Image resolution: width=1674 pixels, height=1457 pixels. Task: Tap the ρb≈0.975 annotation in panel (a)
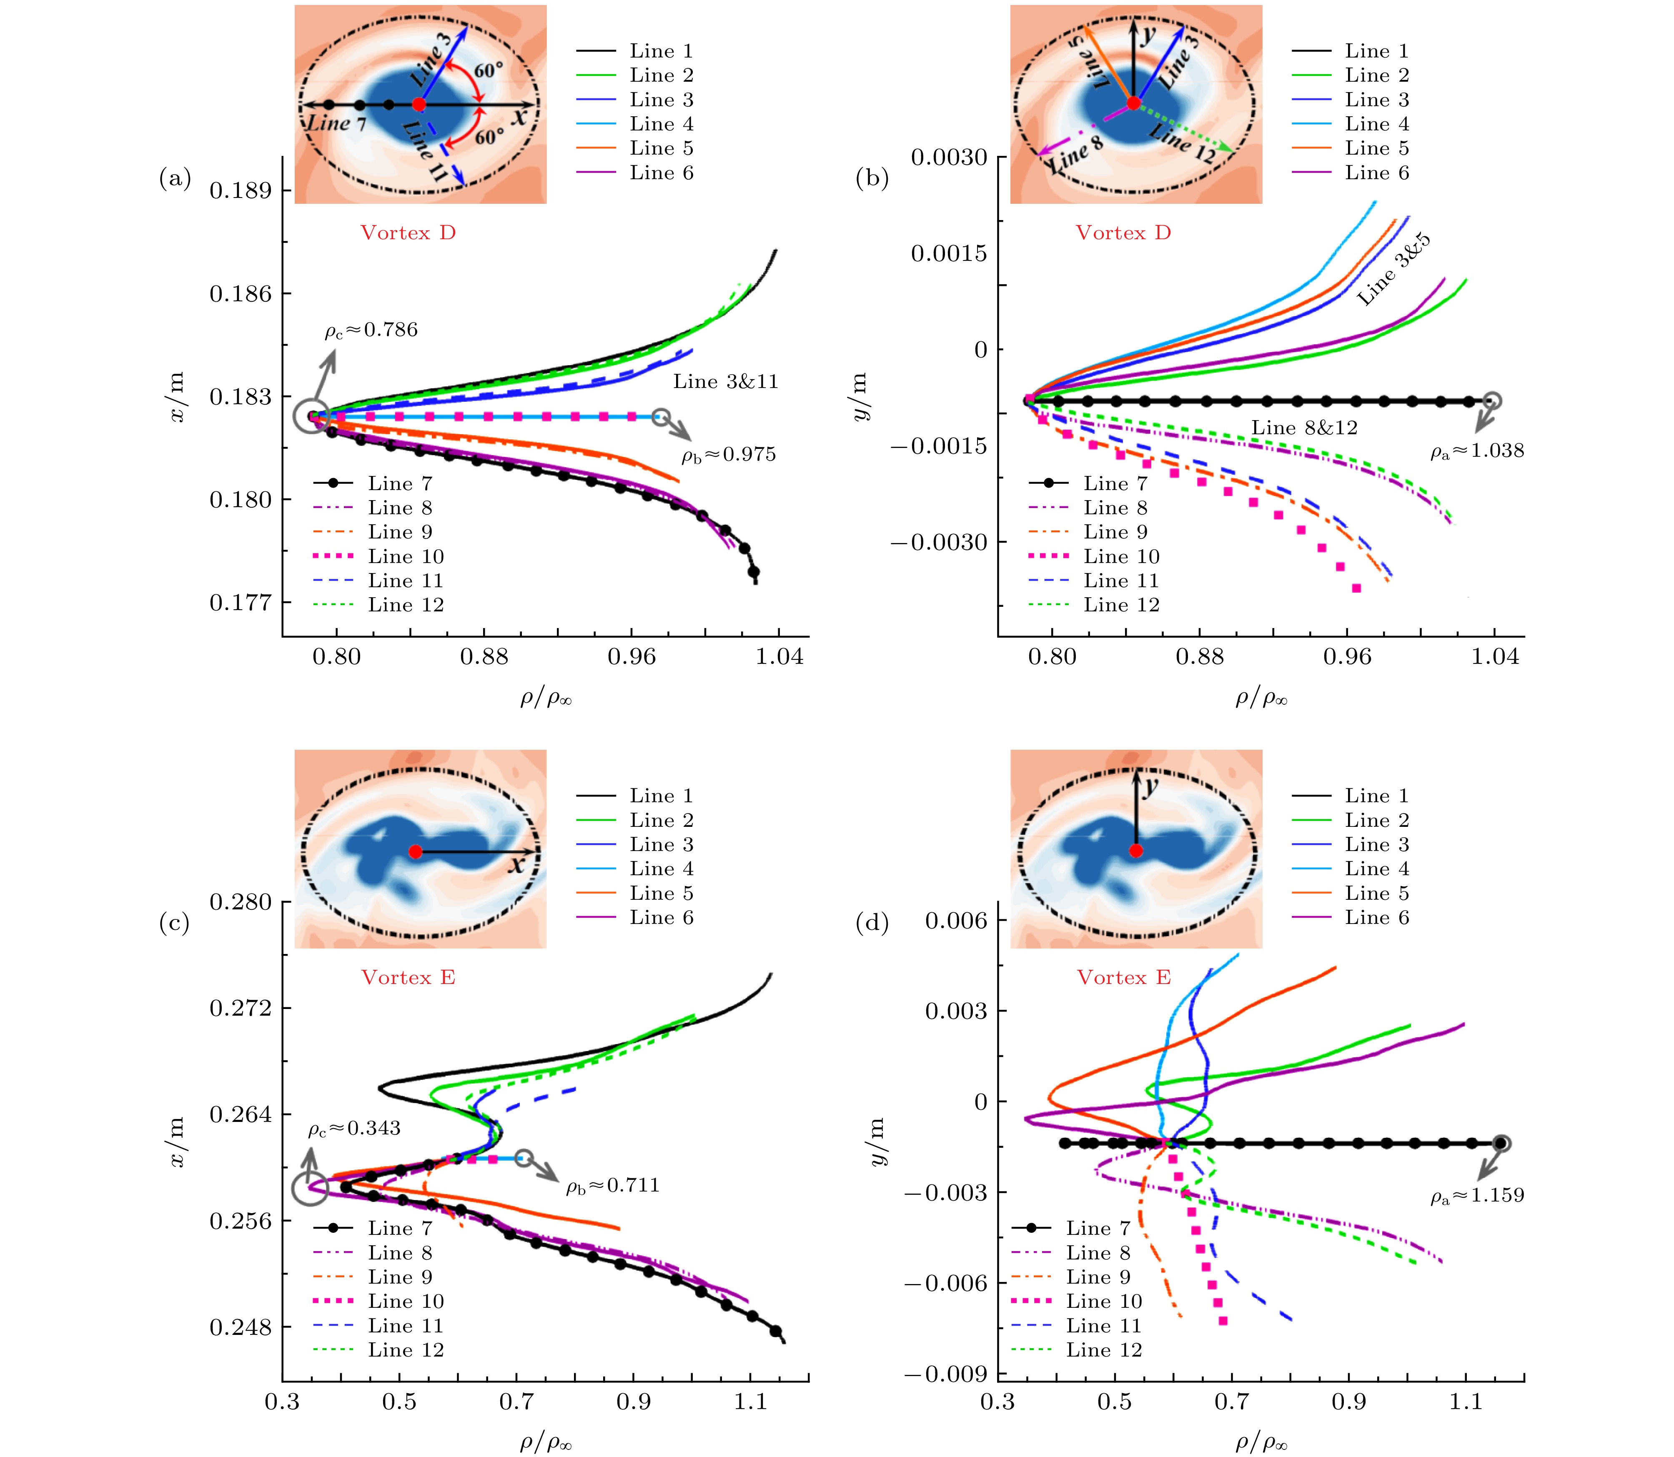click(729, 455)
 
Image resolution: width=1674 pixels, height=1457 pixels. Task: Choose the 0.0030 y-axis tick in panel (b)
click(948, 157)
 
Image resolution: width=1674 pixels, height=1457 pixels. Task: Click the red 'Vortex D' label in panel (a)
click(408, 233)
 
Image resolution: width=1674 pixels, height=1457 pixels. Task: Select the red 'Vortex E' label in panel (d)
click(1124, 978)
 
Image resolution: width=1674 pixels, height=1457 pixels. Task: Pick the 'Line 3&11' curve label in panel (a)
click(725, 382)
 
